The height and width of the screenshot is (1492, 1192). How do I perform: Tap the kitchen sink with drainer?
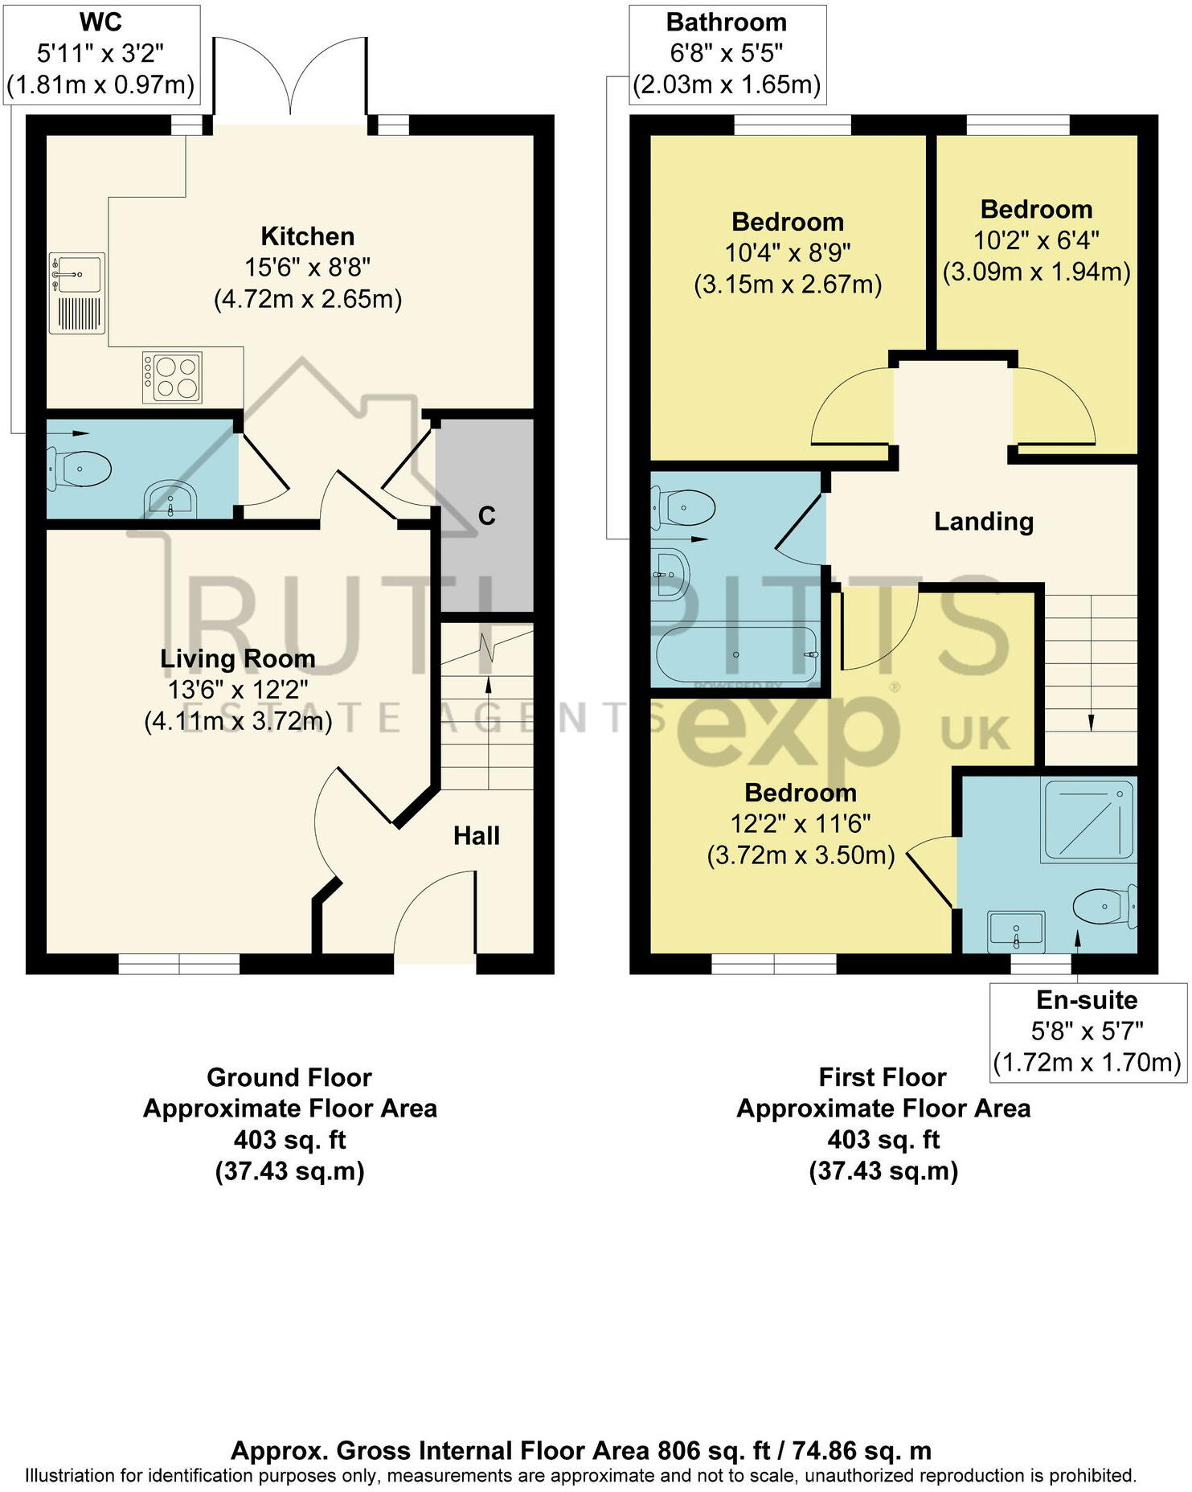(x=76, y=293)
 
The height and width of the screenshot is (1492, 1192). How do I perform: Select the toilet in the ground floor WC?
(x=79, y=469)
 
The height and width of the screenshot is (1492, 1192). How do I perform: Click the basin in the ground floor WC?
(x=170, y=499)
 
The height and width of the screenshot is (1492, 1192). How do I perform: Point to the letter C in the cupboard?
(x=486, y=516)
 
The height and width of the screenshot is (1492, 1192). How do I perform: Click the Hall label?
(x=476, y=836)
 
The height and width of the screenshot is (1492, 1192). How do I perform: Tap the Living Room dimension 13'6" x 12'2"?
(x=238, y=690)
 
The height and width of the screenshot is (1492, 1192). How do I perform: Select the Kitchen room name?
(x=307, y=236)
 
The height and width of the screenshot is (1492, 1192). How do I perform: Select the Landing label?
(x=983, y=522)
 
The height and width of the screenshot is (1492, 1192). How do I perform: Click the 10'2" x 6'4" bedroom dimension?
(x=1036, y=240)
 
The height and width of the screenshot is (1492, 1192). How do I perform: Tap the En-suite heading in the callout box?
(x=1087, y=1000)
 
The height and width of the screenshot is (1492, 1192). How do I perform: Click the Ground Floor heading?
(x=289, y=1077)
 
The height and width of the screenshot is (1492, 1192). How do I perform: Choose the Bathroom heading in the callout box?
(x=726, y=23)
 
